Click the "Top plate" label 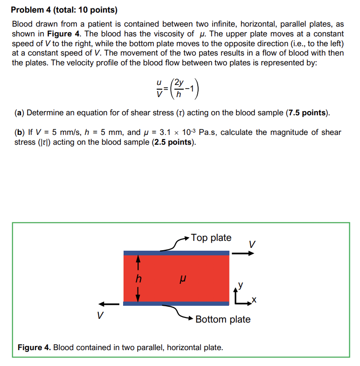[211, 238]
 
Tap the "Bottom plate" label [223, 319]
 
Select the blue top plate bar [176, 253]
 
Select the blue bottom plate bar [176, 303]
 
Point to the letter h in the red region [138, 279]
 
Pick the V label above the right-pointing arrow [252, 244]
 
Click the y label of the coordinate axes [241, 284]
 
